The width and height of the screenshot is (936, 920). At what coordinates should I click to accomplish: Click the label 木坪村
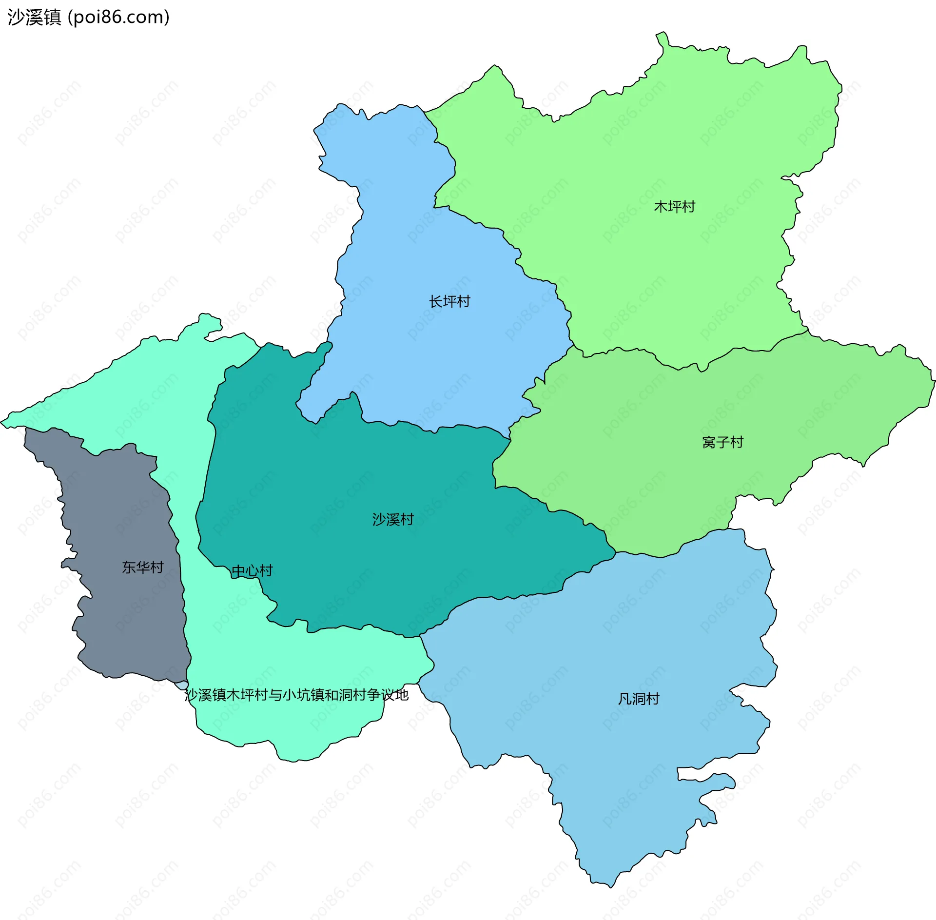(x=674, y=207)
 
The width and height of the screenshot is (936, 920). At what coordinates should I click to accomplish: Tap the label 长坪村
(x=449, y=301)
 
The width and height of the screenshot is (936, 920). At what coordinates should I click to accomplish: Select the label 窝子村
(x=722, y=442)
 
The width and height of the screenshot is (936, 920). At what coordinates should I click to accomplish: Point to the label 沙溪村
(x=393, y=519)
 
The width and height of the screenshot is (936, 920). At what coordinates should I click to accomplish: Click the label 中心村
(x=252, y=570)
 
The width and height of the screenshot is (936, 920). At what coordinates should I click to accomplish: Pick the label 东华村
(x=143, y=567)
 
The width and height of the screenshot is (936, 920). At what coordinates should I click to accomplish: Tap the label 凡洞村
(x=639, y=699)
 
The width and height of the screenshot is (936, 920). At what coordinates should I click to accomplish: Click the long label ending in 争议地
(x=296, y=695)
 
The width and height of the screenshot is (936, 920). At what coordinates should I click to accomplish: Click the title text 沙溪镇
(x=34, y=17)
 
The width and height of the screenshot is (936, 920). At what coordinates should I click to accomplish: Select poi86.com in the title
(x=118, y=17)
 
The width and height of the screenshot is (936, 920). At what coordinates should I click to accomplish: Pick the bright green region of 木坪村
(x=634, y=146)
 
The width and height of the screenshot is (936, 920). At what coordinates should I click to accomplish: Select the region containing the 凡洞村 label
(x=609, y=756)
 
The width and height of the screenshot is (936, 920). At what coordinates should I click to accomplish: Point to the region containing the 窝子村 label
(x=658, y=463)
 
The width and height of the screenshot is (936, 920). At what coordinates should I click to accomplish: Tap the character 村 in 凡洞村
(x=653, y=699)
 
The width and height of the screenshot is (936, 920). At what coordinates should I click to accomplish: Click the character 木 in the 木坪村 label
(x=660, y=207)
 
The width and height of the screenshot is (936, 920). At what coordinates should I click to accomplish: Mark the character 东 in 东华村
(x=129, y=567)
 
